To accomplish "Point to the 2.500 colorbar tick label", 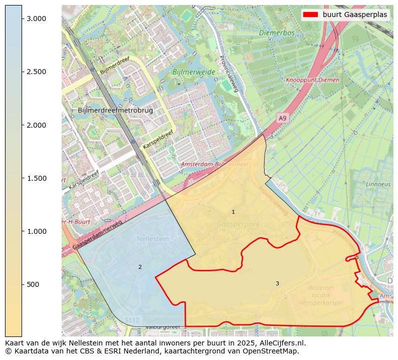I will click(x=36, y=72).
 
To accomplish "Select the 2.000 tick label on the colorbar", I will click(x=36, y=125).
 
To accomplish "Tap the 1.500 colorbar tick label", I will click(x=36, y=178).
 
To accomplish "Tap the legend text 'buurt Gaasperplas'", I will click(x=355, y=15).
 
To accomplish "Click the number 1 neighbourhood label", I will click(x=233, y=212).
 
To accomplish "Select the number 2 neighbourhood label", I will click(x=140, y=267).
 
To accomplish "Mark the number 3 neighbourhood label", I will click(x=277, y=284).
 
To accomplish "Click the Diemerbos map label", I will click(x=277, y=33).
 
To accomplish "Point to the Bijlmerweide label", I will click(x=193, y=72).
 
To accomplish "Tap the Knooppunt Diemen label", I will click(x=312, y=80).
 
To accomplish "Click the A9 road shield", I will click(x=283, y=118).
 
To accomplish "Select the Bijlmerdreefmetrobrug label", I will click(x=115, y=110).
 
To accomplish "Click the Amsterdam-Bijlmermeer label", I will click(x=215, y=164).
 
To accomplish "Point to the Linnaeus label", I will click(x=378, y=184).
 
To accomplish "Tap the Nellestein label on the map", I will click(x=152, y=239).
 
